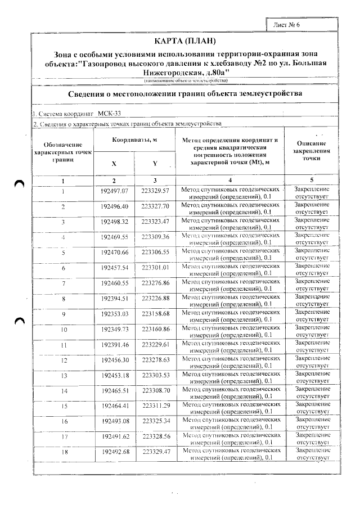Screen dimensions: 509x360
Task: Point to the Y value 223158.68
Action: [155, 313]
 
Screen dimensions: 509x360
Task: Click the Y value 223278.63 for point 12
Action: [156, 359]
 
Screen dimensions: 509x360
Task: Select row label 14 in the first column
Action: [64, 390]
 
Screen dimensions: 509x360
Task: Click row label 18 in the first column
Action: [64, 452]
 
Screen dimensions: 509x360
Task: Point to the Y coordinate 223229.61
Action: [155, 344]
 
